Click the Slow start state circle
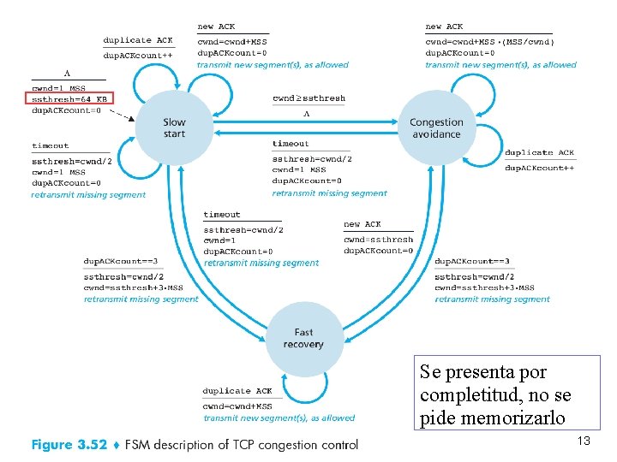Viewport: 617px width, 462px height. [174, 128]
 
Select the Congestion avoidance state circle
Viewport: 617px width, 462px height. [436, 128]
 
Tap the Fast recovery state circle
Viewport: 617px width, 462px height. [303, 338]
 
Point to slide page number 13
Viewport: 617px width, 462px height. [584, 441]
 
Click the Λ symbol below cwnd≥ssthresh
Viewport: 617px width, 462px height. [306, 114]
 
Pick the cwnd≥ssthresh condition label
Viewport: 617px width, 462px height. [308, 98]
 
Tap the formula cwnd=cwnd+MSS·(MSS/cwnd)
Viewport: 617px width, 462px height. [490, 41]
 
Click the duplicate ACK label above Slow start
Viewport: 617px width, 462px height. [138, 40]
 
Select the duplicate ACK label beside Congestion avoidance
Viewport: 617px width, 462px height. [539, 153]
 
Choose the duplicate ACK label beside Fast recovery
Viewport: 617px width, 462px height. [237, 391]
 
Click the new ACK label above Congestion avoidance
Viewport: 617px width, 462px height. [444, 27]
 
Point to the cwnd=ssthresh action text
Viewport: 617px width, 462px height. [378, 240]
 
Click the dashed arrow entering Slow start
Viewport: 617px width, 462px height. [123, 114]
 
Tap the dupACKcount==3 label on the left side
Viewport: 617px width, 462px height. [121, 261]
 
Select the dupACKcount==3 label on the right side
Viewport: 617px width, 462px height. [472, 261]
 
